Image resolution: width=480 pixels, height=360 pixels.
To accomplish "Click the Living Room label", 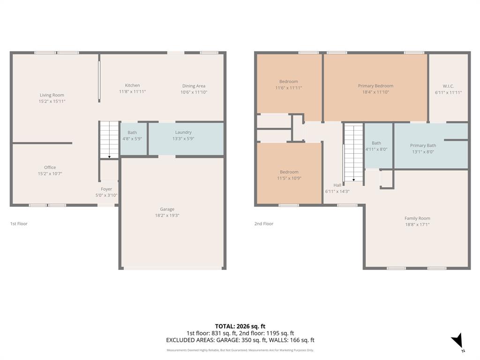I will coord(52,95).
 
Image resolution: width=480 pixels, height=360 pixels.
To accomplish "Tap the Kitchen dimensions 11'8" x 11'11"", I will coord(132,92).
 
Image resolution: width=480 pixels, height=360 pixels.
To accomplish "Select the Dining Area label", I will coord(194,86).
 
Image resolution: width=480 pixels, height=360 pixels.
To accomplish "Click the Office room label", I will coord(50,167).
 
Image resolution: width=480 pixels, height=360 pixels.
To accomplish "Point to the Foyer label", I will coord(106,189).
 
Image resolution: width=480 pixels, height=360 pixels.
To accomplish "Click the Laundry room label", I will coord(183,132).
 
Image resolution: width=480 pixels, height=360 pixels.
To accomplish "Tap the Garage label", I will coord(167,209).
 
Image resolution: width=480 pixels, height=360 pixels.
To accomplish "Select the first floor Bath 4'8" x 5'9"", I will coord(132,135).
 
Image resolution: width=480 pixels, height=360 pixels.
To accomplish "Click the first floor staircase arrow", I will coord(109,157).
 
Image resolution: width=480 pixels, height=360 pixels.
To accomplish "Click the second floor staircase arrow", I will coord(353,179).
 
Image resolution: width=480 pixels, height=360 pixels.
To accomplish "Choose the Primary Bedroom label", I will coord(375,86).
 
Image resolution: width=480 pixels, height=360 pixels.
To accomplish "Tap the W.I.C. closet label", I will coord(448,86).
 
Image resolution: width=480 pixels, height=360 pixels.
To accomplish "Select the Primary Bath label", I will coord(423,145).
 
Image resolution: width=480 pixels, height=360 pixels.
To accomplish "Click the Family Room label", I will coord(417,218).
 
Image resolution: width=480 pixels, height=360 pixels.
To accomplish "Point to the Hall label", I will coord(337,185).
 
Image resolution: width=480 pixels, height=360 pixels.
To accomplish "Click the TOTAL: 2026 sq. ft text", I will coord(240,326).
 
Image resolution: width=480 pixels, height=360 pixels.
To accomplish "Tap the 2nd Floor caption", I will coord(264,224).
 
